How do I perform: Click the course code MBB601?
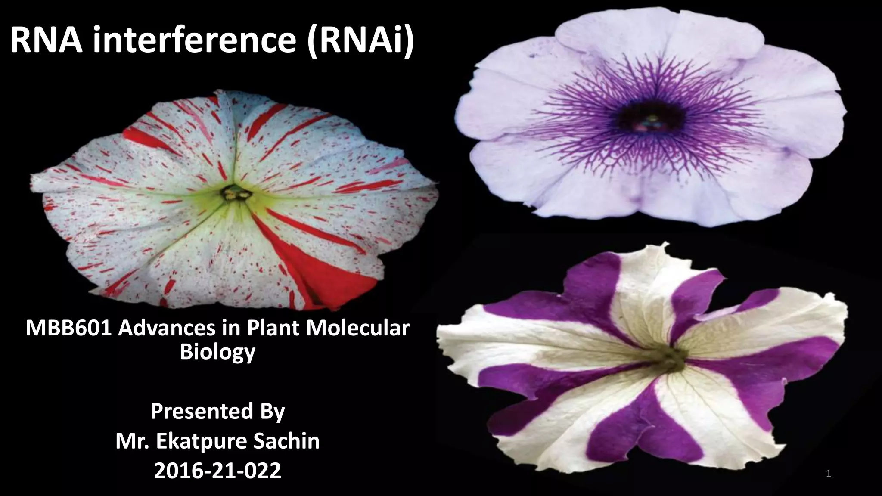point(68,329)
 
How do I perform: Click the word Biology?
point(217,352)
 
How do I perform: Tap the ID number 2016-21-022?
point(217,471)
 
